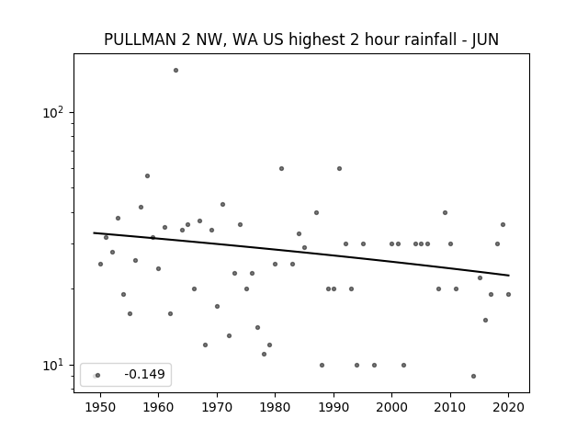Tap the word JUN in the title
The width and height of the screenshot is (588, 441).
coord(485,40)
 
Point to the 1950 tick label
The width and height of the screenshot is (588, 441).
coord(100,407)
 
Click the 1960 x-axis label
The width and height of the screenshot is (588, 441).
coord(158,407)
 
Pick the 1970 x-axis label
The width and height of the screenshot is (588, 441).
coord(217,407)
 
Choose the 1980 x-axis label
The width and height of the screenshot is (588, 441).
coord(275,407)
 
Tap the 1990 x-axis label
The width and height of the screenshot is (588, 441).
coord(334,407)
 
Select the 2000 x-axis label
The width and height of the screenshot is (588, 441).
coord(391,407)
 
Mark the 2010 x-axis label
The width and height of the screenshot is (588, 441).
coord(450,407)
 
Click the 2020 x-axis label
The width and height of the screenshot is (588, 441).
coord(508,407)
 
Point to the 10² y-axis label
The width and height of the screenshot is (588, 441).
coord(53,112)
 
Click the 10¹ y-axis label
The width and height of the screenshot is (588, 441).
coord(53,365)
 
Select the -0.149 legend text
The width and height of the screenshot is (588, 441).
coord(144,374)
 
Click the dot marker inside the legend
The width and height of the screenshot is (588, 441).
coord(98,375)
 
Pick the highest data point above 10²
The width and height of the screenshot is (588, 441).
coord(175,70)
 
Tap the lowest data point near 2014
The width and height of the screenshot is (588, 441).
coord(474,376)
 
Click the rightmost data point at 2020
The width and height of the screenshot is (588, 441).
coord(508,294)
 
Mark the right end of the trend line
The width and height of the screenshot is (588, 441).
coord(509,276)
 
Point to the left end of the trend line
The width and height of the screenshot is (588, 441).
coord(94,232)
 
